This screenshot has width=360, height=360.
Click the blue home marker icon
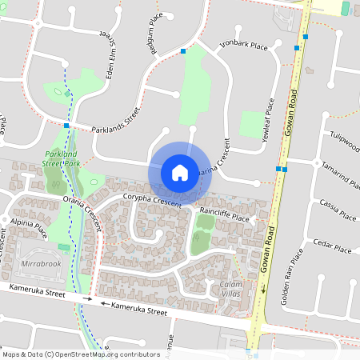pos(180,173)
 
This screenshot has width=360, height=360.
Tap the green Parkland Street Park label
pos(62,158)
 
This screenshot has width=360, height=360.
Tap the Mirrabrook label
pos(41,263)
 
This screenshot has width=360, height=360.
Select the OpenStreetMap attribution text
pos(60,354)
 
